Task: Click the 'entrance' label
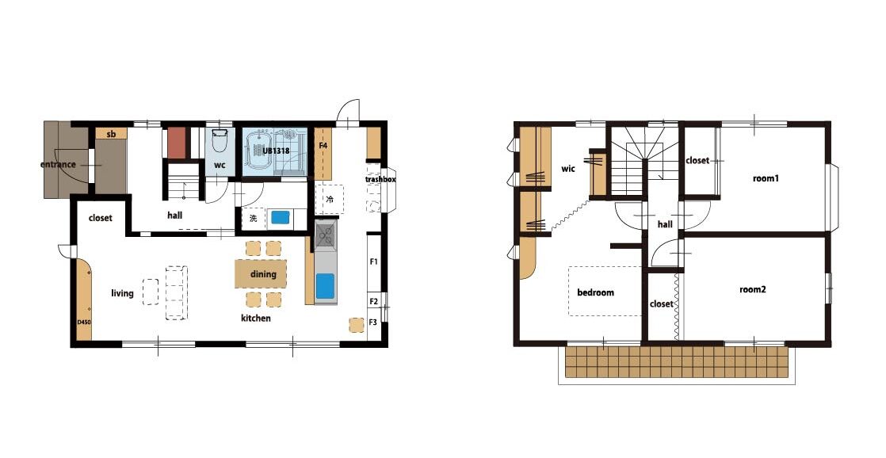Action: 58,165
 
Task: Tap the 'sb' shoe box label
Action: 111,135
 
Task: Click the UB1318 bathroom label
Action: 276,151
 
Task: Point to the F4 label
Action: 323,146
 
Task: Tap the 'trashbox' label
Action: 380,180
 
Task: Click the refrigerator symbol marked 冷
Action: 330,200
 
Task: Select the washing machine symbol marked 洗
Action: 253,219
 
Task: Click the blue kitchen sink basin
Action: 326,286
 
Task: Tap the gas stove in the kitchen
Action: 326,235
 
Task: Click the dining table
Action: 261,274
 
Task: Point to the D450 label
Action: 84,323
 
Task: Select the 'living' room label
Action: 122,293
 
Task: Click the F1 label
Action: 373,261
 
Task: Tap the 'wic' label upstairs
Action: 568,169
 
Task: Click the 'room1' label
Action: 766,178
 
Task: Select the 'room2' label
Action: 753,290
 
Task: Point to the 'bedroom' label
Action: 595,292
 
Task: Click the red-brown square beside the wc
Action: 177,142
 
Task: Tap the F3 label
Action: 373,323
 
